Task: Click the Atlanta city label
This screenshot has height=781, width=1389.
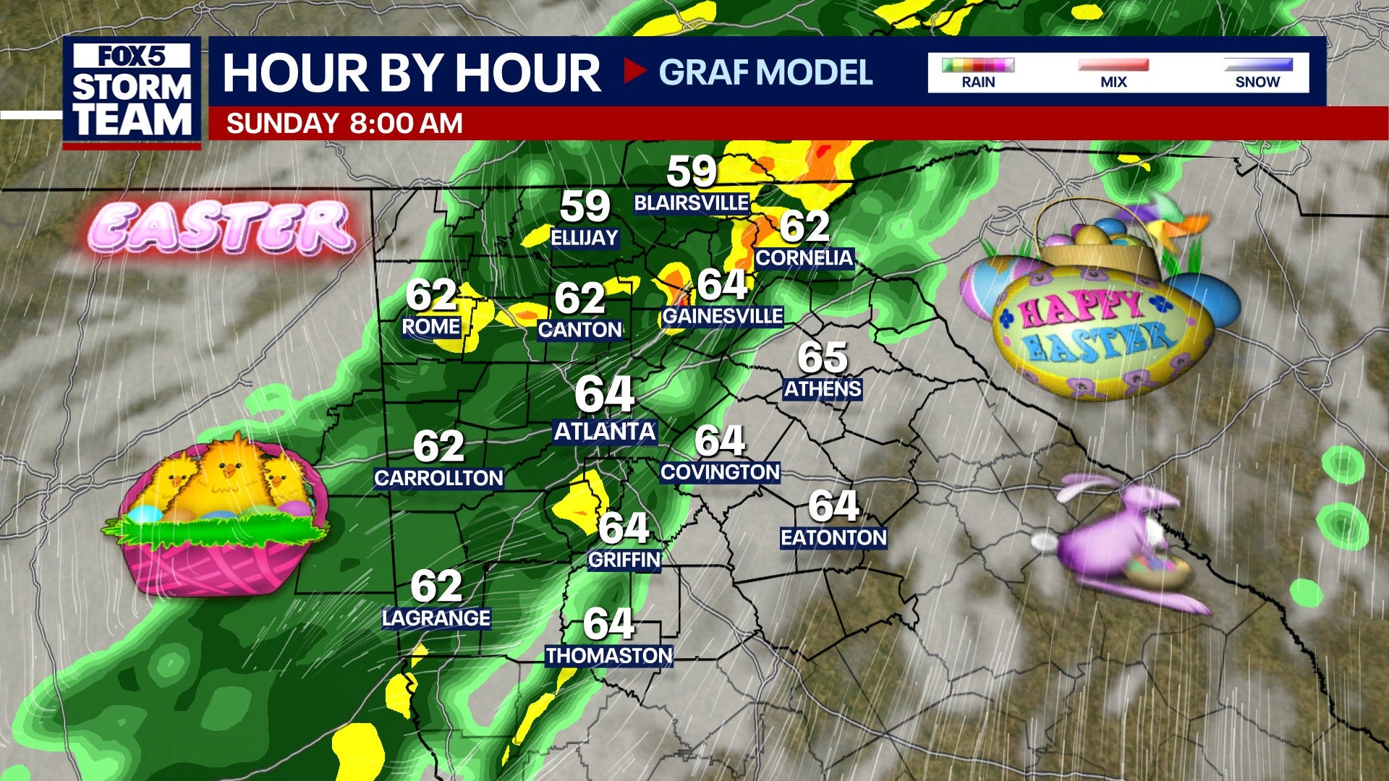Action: [x=605, y=432]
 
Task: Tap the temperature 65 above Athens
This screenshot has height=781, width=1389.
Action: [x=823, y=357]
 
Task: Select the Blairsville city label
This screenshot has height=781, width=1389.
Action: [x=691, y=203]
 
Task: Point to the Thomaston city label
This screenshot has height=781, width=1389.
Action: [x=609, y=656]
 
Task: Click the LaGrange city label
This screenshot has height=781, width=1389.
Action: [x=436, y=618]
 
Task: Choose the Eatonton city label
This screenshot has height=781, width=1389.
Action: [x=833, y=538]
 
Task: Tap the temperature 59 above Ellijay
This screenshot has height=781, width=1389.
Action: [x=585, y=207]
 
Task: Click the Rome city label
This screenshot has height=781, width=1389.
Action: [x=431, y=327]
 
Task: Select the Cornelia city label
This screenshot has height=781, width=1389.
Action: [x=804, y=258]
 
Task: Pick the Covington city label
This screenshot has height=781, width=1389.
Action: [x=720, y=472]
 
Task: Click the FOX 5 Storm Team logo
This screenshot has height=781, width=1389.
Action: [x=132, y=92]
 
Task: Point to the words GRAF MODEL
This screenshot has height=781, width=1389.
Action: [x=765, y=72]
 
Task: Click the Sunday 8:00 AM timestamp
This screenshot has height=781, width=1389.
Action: [x=344, y=123]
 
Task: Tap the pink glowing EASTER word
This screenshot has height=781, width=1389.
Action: [x=221, y=227]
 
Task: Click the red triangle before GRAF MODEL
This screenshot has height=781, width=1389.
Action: [x=634, y=71]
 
